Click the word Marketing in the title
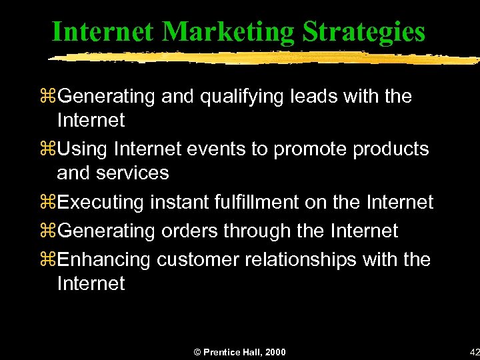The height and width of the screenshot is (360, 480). (x=227, y=31)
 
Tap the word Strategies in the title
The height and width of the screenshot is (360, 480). (x=363, y=31)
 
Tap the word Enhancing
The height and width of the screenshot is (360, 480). (x=105, y=260)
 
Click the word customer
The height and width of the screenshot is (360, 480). (x=197, y=260)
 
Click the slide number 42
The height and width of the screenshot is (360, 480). (x=474, y=352)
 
